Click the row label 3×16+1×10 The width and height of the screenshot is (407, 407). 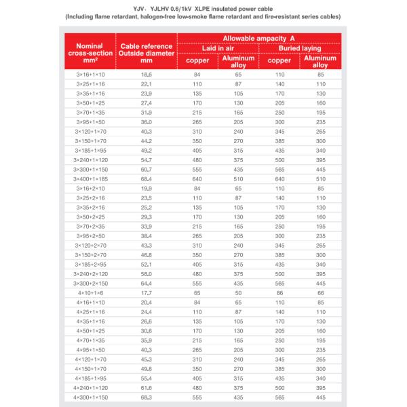pyautogui.click(x=90, y=73)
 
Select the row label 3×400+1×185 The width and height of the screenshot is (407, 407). pyautogui.click(x=90, y=178)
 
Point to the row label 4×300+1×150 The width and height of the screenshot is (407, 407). pyautogui.click(x=90, y=396)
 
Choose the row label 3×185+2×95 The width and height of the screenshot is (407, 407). pyautogui.click(x=90, y=263)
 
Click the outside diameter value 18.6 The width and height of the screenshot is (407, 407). pyautogui.click(x=147, y=73)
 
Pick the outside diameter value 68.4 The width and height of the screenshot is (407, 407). pyautogui.click(x=147, y=178)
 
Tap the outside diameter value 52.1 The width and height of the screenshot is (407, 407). pyautogui.click(x=147, y=263)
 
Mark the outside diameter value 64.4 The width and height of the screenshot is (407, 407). pyautogui.click(x=147, y=282)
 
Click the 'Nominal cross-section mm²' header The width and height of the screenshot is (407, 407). pyautogui.click(x=90, y=51)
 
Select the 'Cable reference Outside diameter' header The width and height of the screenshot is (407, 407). pyautogui.click(x=147, y=51)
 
